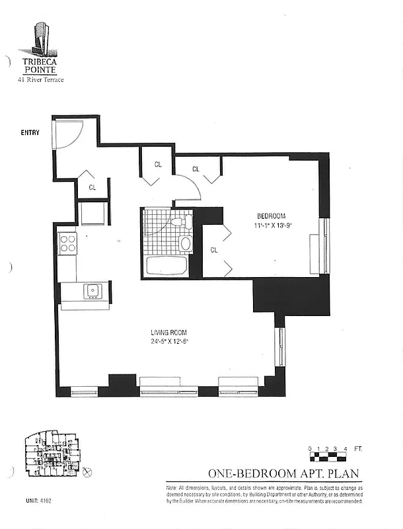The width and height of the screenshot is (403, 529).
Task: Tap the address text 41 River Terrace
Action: (x=41, y=80)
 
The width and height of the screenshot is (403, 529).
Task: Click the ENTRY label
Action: (x=30, y=133)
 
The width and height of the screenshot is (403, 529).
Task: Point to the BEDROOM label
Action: (x=271, y=216)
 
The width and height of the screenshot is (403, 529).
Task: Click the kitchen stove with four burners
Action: (x=67, y=245)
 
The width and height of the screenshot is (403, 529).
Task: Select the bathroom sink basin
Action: (x=186, y=243)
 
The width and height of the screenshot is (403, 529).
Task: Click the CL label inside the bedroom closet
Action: (x=214, y=250)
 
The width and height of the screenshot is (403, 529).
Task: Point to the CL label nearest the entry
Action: (x=92, y=187)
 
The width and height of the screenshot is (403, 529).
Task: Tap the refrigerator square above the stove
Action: (x=92, y=213)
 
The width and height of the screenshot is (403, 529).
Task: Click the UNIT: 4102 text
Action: (x=39, y=501)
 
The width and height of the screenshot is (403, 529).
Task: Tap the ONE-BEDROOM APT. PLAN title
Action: (x=285, y=473)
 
